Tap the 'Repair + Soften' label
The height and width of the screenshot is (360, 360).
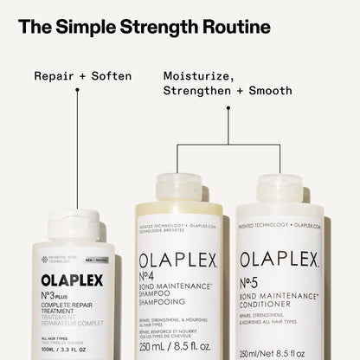(x=82, y=76)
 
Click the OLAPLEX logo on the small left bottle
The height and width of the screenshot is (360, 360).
(x=72, y=281)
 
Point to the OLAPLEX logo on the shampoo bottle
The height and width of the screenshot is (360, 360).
(x=179, y=259)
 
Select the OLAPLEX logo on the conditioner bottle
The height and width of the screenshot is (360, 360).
(x=280, y=259)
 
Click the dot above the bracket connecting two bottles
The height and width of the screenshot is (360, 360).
(x=228, y=109)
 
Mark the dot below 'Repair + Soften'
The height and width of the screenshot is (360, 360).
(x=77, y=93)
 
